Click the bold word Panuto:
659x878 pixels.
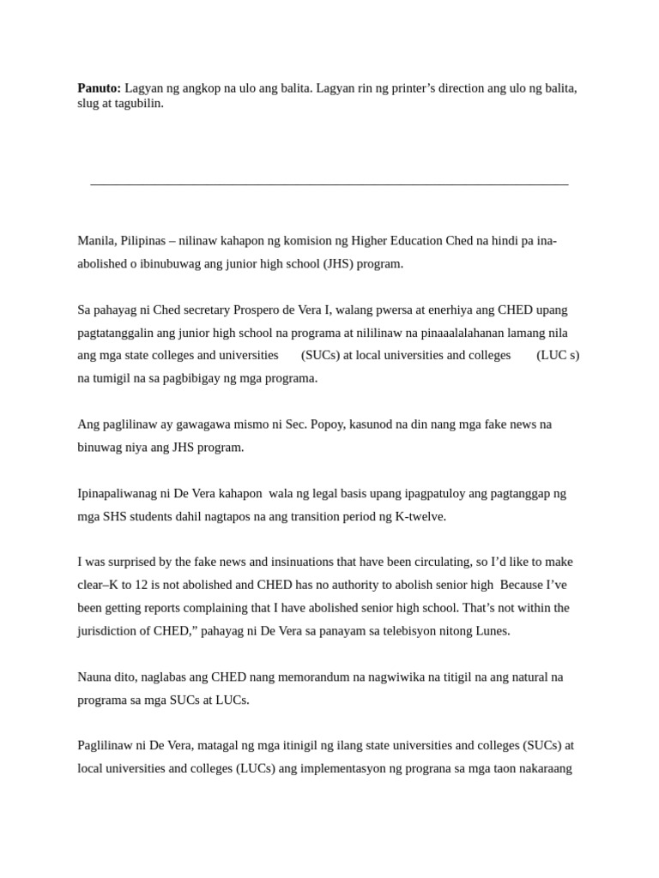pyautogui.click(x=100, y=88)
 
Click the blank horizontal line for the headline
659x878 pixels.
pyautogui.click(x=329, y=184)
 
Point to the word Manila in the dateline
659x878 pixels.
pyautogui.click(x=96, y=241)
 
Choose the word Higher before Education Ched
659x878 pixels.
pyautogui.click(x=372, y=241)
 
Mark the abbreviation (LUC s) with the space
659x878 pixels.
pyautogui.click(x=558, y=355)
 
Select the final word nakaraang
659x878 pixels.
pyautogui.click(x=544, y=768)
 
